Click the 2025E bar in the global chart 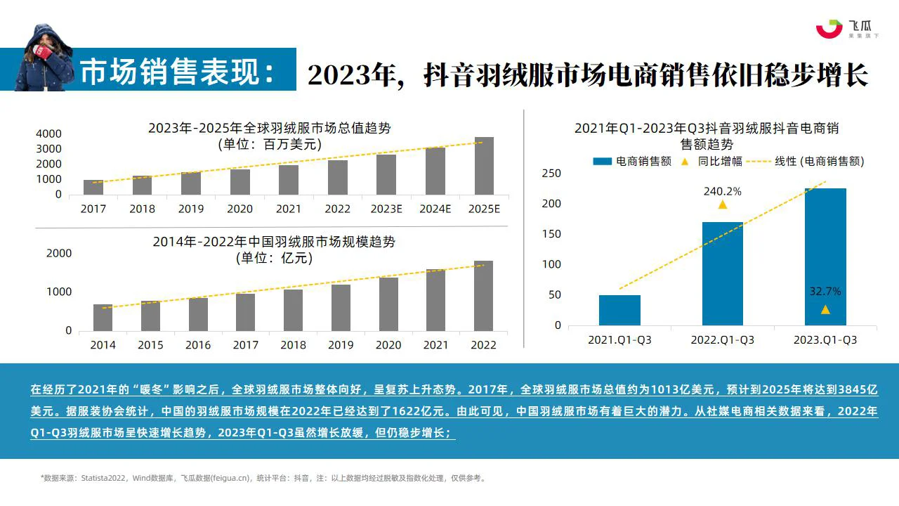point(484,166)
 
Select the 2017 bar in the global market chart point(93,187)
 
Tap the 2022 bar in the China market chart point(483,296)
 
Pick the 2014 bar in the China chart point(103,317)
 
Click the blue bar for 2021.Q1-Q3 point(619,310)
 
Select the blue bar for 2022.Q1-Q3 point(723,273)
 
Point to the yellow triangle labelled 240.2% point(723,205)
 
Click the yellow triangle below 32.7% point(825,310)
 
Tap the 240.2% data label point(723,190)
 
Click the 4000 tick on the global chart point(48,134)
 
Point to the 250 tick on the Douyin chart point(552,174)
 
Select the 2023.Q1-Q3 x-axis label point(825,340)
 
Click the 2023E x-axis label point(386,209)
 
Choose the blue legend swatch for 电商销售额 point(603,162)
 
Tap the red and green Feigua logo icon point(829,29)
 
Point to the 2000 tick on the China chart point(59,254)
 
